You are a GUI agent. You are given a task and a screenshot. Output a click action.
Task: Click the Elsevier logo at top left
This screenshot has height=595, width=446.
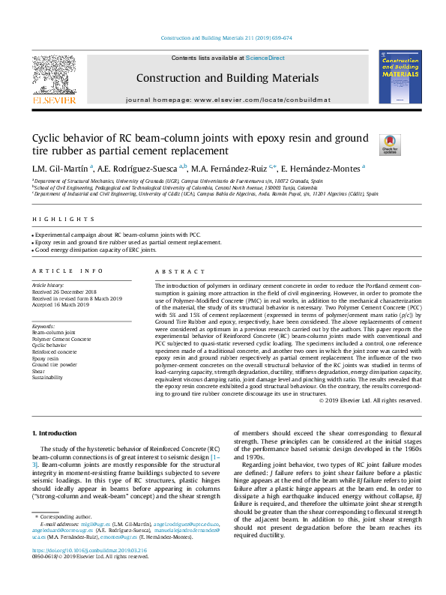click(53, 79)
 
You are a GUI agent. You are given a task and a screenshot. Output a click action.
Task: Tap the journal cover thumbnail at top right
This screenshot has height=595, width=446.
click(400, 77)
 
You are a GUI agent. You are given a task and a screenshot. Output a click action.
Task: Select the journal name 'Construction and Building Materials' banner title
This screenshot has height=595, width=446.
click(227, 78)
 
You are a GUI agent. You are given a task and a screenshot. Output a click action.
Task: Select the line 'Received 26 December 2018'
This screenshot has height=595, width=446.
click(65, 292)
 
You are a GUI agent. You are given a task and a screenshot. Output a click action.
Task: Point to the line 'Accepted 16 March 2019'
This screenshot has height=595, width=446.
click(61, 306)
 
